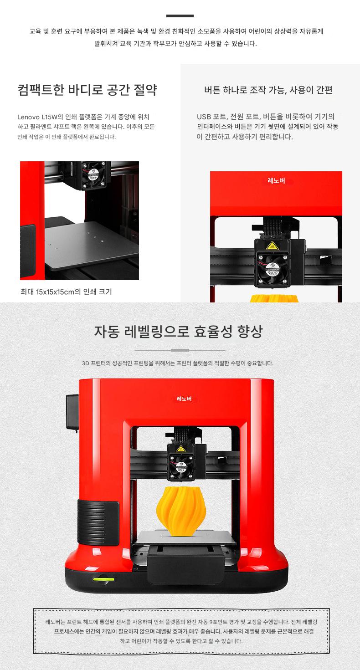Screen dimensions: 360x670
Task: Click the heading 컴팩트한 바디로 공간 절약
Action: coord(87,90)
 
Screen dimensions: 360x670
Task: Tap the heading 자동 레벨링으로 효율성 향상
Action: coord(178,331)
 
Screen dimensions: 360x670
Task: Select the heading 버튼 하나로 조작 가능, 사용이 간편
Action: coord(268,90)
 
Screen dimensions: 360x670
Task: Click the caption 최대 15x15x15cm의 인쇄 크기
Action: coord(66,292)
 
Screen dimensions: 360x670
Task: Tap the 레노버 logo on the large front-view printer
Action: coord(184,399)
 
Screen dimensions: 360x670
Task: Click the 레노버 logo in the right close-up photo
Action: coord(276,181)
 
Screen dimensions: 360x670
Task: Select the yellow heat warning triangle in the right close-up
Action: coord(271,245)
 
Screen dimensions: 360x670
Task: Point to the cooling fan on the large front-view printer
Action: coord(180,466)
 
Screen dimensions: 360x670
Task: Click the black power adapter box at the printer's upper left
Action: coord(72,412)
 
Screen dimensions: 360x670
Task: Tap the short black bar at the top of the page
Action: coord(180,16)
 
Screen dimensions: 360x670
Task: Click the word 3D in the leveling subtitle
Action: coord(86,363)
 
